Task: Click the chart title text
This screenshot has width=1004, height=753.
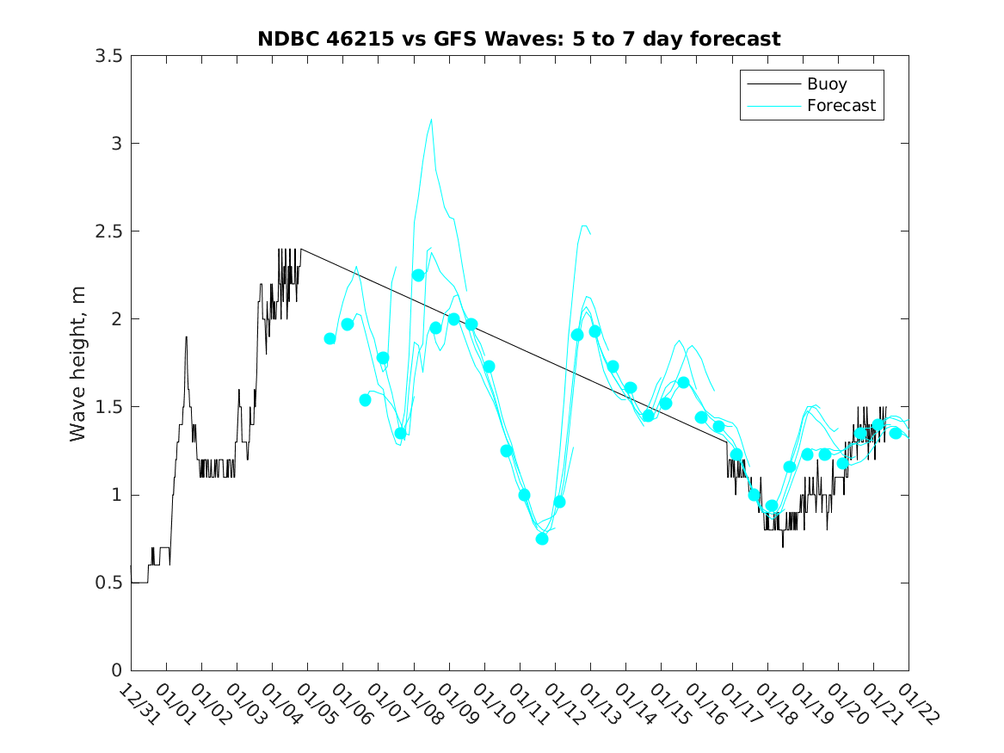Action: (519, 39)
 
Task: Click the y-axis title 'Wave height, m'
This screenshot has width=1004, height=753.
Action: (78, 364)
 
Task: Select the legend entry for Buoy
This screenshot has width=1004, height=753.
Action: (826, 84)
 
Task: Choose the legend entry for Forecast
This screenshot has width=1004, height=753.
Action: (841, 106)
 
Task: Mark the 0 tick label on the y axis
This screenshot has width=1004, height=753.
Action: (115, 671)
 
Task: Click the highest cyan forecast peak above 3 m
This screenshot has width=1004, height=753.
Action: (431, 120)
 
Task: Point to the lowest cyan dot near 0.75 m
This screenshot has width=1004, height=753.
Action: (542, 539)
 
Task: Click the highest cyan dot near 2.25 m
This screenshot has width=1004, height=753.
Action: (418, 275)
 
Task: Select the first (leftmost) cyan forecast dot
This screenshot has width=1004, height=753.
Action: (330, 338)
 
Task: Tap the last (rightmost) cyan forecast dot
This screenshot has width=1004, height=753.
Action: (896, 433)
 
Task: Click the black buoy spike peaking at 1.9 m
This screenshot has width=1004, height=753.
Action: (186, 337)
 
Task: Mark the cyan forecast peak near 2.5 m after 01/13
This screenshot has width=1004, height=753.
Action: (584, 226)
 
